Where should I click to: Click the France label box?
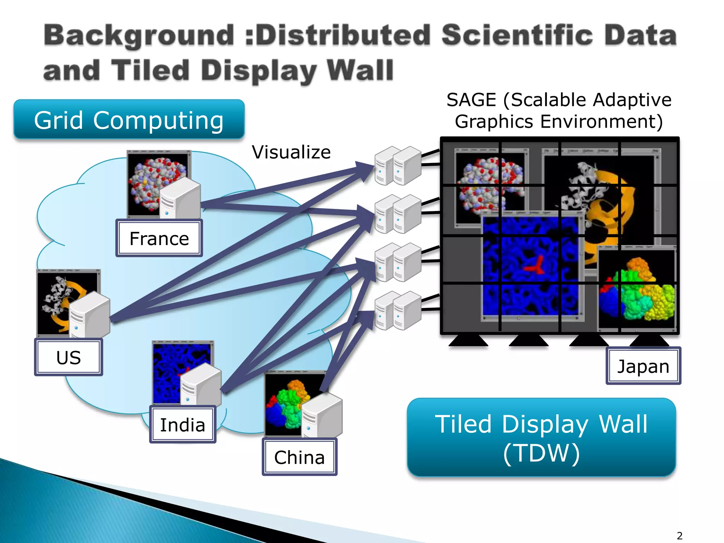coord(159,238)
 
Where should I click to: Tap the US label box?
coord(69,357)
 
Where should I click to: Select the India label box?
coord(182,425)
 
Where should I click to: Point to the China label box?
coord(299,457)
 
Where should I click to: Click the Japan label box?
coord(643,366)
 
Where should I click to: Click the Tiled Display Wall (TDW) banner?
coord(541,437)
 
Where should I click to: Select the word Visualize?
coord(291,152)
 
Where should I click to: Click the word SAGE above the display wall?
coord(471,100)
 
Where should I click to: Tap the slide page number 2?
coord(679,536)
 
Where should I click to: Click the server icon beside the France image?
coord(180,198)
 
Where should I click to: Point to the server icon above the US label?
coord(89,315)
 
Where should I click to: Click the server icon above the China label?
coord(322,415)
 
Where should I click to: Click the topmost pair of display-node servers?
coord(398,165)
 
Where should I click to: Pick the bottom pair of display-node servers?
coord(398,310)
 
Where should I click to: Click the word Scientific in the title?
coord(517,35)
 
